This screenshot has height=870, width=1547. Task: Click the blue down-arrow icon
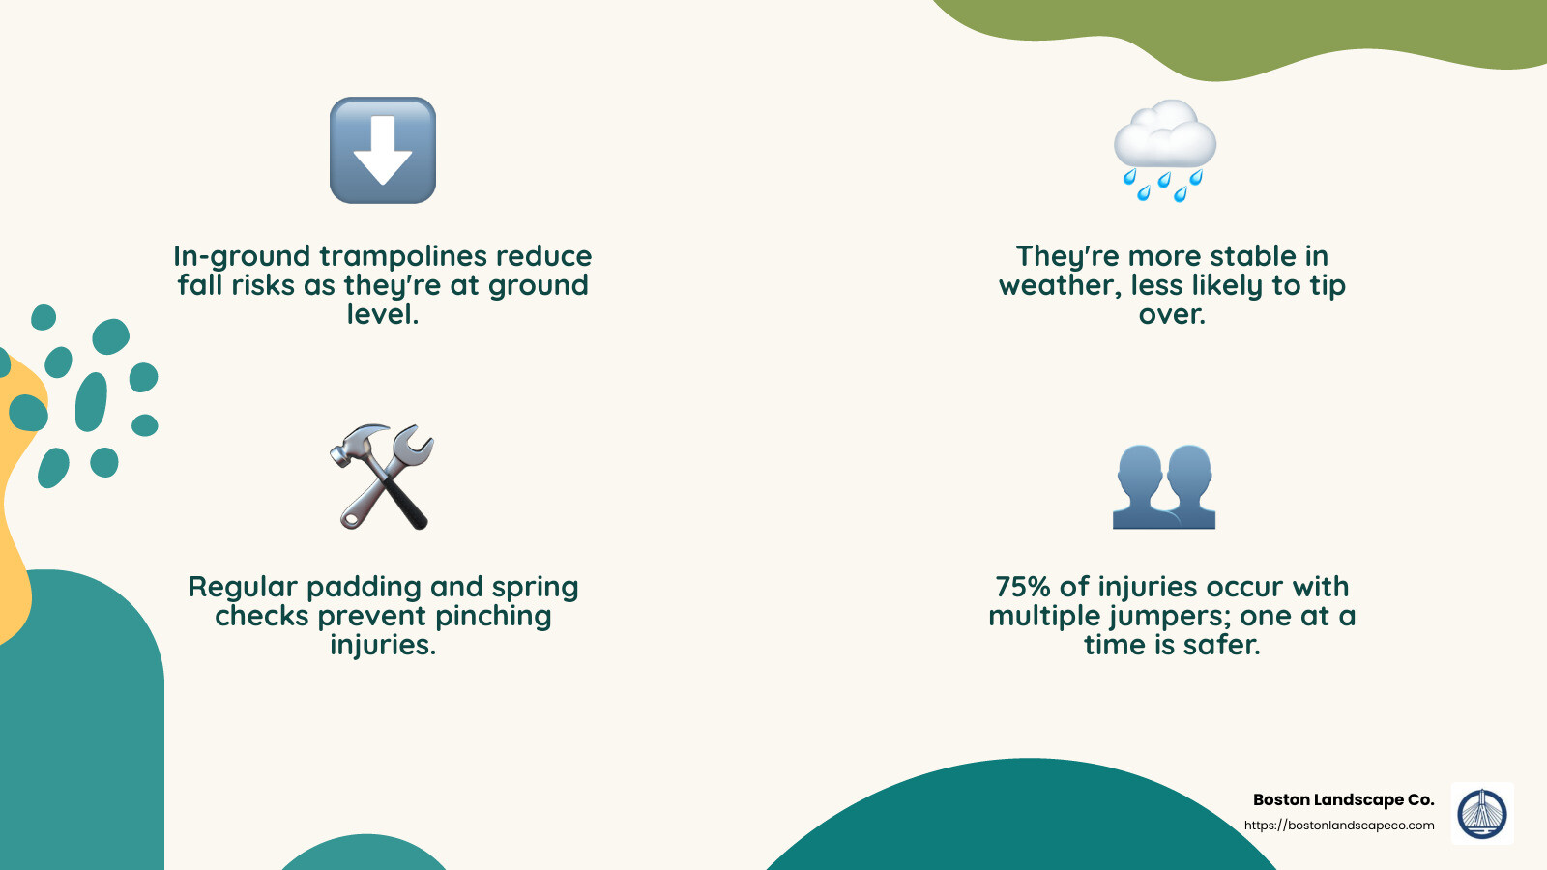coord(383,150)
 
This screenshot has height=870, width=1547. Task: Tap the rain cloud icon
coord(1164,149)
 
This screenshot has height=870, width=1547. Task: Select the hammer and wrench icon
coord(383,477)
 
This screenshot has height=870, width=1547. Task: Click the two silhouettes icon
coord(1164,485)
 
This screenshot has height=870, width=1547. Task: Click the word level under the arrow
coord(383,314)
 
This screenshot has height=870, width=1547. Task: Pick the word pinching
coord(493,617)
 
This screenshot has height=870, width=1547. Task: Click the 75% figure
coord(1023,587)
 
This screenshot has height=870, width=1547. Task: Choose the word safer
coord(1222,645)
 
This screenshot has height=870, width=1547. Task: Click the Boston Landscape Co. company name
coord(1343,799)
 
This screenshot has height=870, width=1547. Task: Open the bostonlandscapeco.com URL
coord(1339,826)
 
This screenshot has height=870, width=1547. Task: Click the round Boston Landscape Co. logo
coord(1482,813)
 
